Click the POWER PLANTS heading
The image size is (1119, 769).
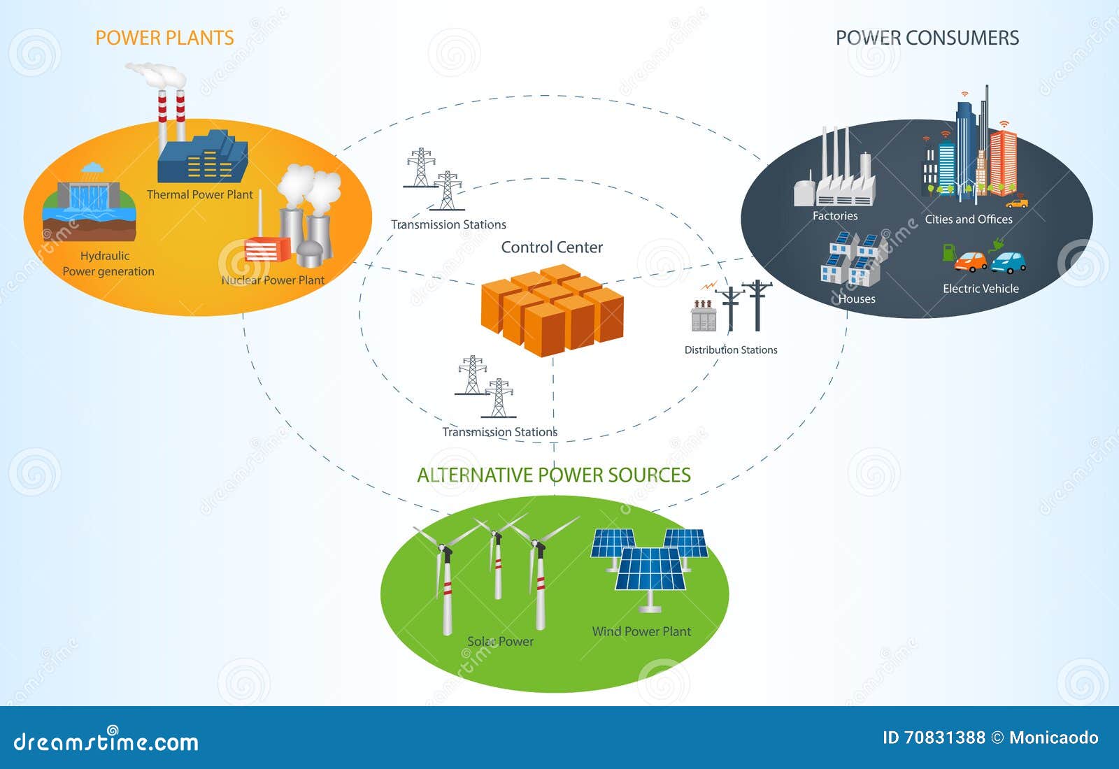pyautogui.click(x=164, y=38)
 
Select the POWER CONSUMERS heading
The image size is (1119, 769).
pyautogui.click(x=927, y=38)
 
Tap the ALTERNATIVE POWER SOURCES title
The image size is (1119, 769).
pyautogui.click(x=553, y=475)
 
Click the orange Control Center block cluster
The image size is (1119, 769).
pyautogui.click(x=552, y=310)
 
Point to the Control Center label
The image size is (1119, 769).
pyautogui.click(x=552, y=247)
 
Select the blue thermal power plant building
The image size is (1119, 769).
pyautogui.click(x=203, y=157)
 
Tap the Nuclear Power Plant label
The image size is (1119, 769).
pyautogui.click(x=273, y=280)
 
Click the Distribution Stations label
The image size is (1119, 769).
pyautogui.click(x=731, y=350)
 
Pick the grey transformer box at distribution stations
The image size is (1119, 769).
pyautogui.click(x=704, y=315)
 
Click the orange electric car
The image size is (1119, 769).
pyautogui.click(x=970, y=261)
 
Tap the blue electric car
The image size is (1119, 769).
pyautogui.click(x=1008, y=262)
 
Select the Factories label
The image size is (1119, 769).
pyautogui.click(x=835, y=216)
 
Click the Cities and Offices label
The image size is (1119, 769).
pyautogui.click(x=969, y=220)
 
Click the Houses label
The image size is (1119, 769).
pyautogui.click(x=857, y=299)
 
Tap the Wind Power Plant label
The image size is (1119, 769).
pyautogui.click(x=641, y=631)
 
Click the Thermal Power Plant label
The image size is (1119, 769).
pyautogui.click(x=200, y=195)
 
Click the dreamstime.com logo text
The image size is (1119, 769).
pyautogui.click(x=106, y=742)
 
